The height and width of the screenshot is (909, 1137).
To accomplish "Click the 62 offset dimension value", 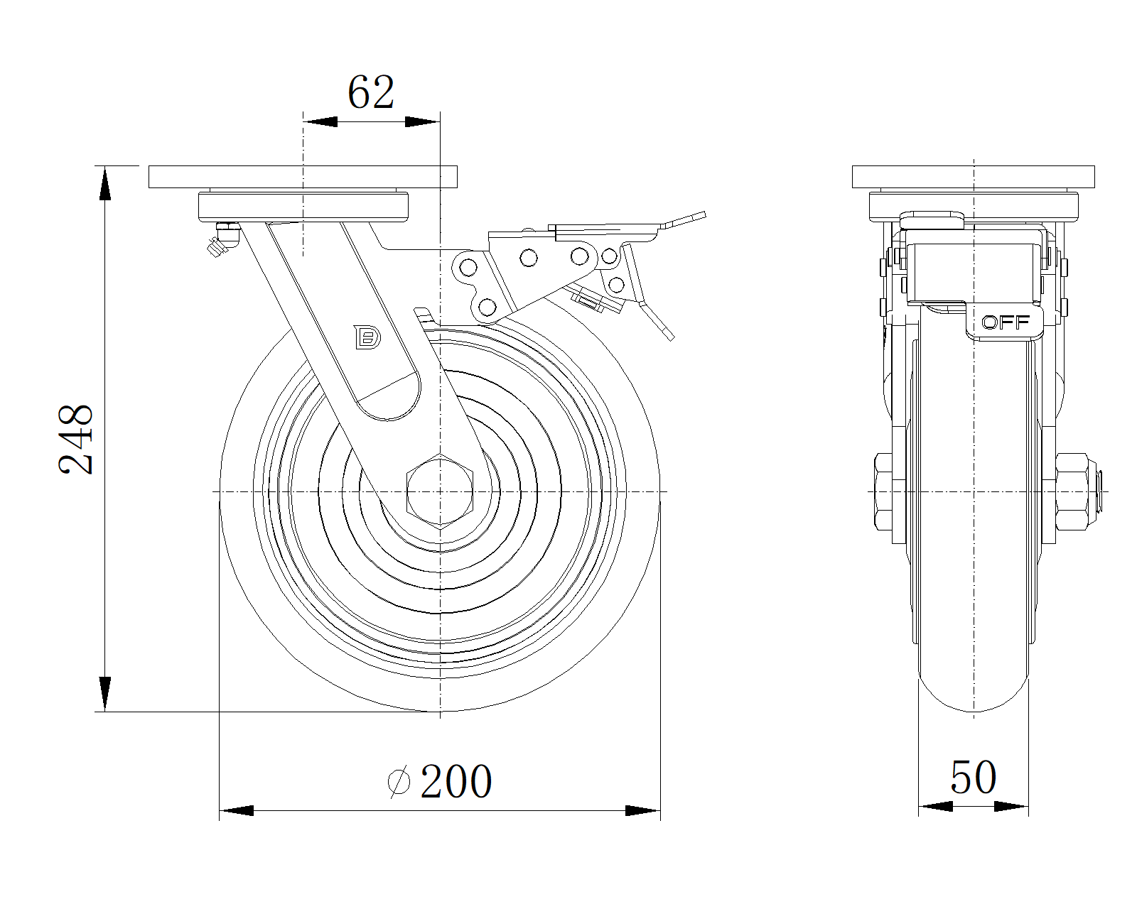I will (x=370, y=93).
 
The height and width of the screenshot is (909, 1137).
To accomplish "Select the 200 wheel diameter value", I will (x=456, y=782).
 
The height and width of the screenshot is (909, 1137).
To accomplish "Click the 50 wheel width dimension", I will (x=973, y=777).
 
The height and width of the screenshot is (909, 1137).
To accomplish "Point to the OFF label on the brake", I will (x=1006, y=322).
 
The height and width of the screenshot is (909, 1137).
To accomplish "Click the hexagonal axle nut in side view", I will (x=440, y=491).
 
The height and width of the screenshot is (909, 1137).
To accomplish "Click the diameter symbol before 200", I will (x=399, y=782).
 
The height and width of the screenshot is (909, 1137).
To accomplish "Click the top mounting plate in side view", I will (x=302, y=177).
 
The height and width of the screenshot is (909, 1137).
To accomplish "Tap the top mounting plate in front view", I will (x=973, y=177).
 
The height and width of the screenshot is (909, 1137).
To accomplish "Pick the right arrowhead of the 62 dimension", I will (x=422, y=121).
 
